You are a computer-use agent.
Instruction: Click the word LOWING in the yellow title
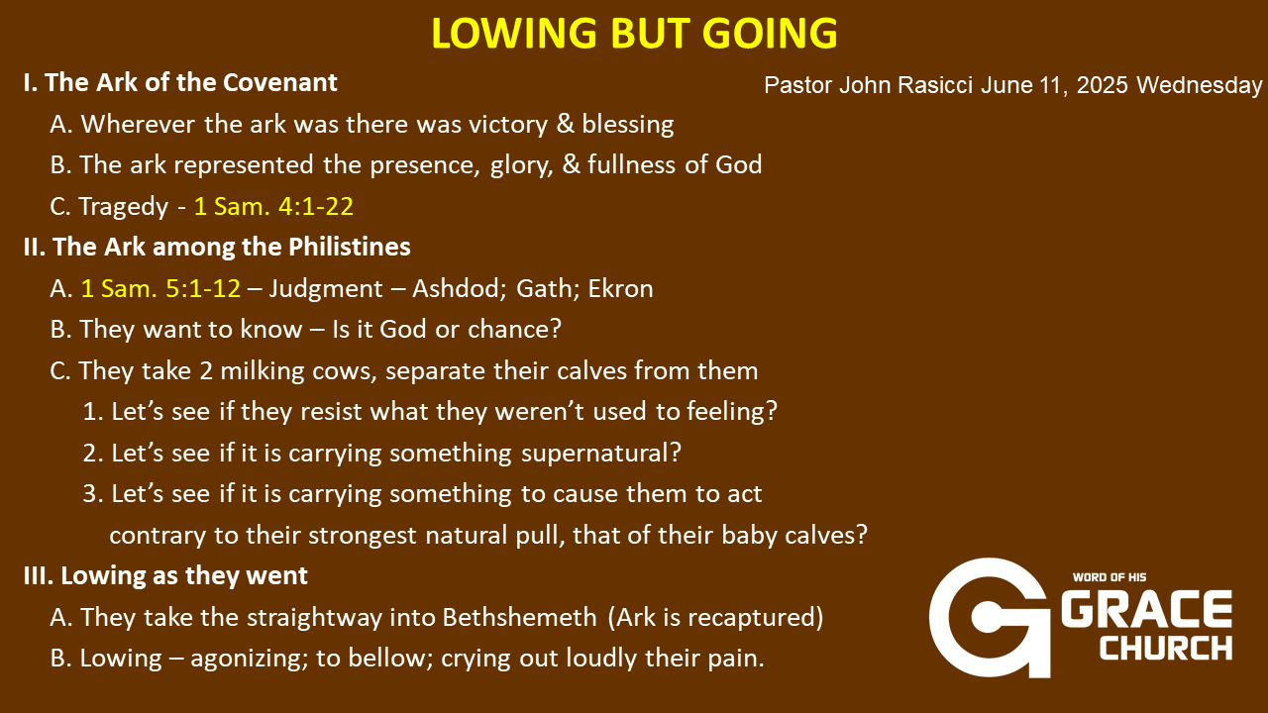[x=514, y=33]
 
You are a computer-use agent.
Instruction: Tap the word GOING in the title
[x=770, y=33]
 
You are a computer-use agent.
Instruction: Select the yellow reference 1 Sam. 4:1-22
[x=273, y=206]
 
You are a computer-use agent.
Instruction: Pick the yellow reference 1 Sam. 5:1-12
[x=160, y=288]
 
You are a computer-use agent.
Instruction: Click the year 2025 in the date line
[x=1102, y=85]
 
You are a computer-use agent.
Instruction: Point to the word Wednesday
[x=1200, y=85]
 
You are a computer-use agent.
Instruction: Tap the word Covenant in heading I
[x=280, y=82]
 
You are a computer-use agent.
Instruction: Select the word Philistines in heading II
[x=350, y=247]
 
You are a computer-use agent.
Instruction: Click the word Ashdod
[x=459, y=288]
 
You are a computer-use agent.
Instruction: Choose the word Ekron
[x=620, y=288]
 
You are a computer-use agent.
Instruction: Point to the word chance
[x=514, y=330]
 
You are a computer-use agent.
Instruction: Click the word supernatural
[x=600, y=454]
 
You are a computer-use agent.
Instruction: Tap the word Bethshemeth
[x=520, y=617]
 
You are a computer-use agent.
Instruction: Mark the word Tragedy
[x=124, y=207]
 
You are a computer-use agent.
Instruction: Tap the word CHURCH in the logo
[x=1166, y=648]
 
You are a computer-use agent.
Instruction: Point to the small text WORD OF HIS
[x=1109, y=577]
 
